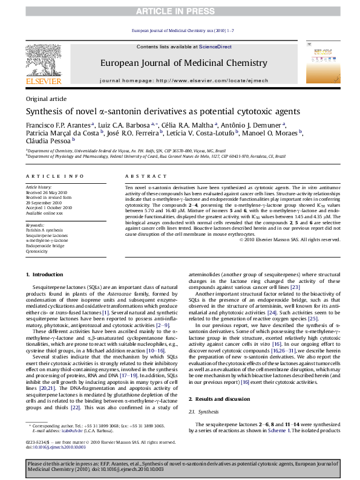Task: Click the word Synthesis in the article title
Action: (x=44, y=112)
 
